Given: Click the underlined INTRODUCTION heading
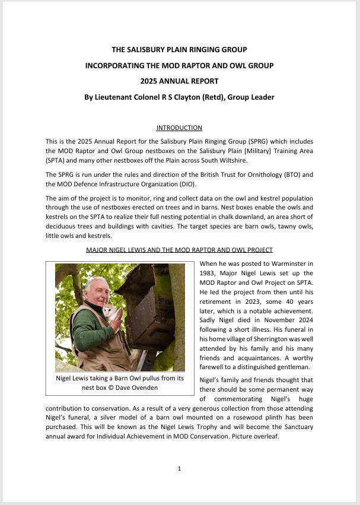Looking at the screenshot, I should pos(179,128).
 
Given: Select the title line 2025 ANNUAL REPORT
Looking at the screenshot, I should pos(179,81).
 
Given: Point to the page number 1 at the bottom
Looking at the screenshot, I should pos(179,469).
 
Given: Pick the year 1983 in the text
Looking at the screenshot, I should pos(209,272).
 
